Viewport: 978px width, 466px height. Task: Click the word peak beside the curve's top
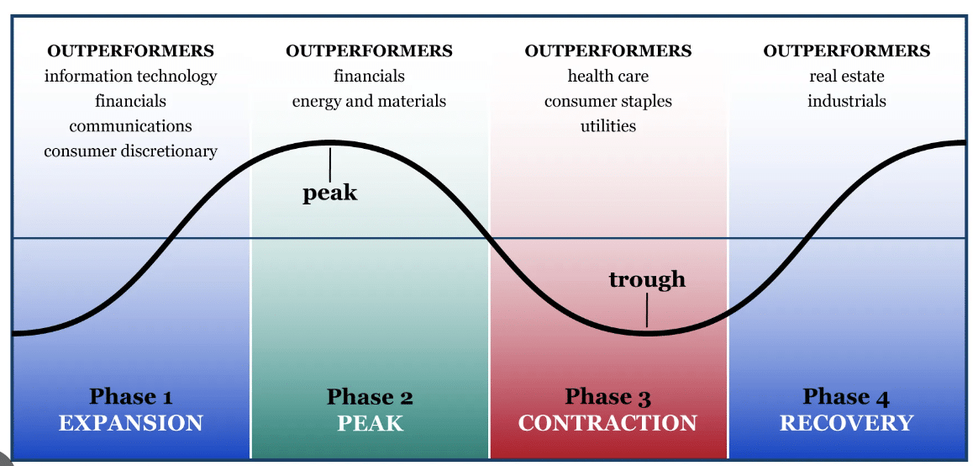[329, 193]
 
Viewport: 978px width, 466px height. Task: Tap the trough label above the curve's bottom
[647, 279]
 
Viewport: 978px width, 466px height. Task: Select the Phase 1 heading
[131, 396]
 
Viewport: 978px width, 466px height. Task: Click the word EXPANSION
[131, 422]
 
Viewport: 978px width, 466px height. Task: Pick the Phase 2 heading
[370, 396]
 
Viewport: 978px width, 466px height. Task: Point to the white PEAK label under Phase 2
[370, 422]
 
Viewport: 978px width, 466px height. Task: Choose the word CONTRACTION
[607, 422]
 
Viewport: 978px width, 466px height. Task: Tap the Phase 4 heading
[846, 396]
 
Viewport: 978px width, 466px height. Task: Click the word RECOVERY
[846, 422]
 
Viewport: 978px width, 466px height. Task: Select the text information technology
[130, 77]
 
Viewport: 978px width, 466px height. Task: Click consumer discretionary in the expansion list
[130, 151]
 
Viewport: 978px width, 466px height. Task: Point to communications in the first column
[130, 126]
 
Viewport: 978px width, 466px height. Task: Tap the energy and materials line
[369, 102]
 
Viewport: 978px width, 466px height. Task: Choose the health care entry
[608, 77]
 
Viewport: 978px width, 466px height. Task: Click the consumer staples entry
[608, 102]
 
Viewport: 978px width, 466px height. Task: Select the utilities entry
[608, 126]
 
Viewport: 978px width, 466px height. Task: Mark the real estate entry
[847, 77]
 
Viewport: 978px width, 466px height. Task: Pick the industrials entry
[847, 102]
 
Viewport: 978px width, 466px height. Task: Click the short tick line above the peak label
[330, 162]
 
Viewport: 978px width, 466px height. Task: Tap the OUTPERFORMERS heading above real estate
[847, 51]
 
